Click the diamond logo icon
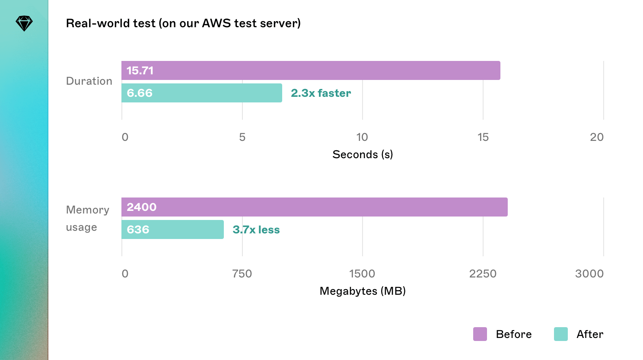pos(24,23)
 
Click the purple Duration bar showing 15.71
pos(311,70)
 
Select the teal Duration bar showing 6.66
pos(202,93)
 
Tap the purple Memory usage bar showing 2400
pos(314,207)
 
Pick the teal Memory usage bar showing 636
pos(172,229)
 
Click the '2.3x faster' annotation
pos(321,93)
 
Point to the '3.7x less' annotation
pos(256,229)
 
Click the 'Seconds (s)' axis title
pos(363,154)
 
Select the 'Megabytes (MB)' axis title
pos(363,291)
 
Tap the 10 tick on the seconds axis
pos(362,137)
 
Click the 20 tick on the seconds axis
pos(596,137)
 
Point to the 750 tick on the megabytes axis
pos(242,274)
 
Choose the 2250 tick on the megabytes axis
pos(483,274)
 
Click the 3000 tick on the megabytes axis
pos(589,274)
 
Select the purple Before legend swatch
pos(480,334)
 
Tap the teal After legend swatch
pos(561,334)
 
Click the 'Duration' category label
pos(89,81)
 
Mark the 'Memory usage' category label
pos(87,218)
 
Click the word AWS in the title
pos(216,23)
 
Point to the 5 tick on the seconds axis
pos(242,137)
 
